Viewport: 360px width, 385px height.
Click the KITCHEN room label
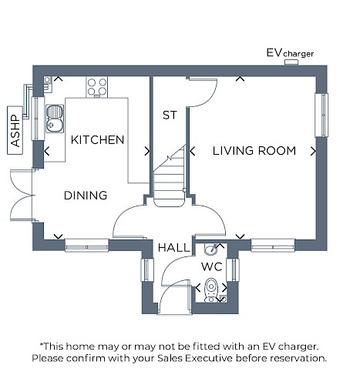click(x=97, y=140)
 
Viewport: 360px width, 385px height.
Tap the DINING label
click(x=86, y=196)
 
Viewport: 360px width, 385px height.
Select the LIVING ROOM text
click(x=254, y=151)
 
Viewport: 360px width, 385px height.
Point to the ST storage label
click(x=170, y=115)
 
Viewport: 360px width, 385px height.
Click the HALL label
click(x=173, y=248)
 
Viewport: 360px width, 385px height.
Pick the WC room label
click(x=212, y=267)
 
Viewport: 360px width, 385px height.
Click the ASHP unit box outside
click(x=15, y=130)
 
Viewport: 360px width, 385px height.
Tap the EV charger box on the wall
click(x=291, y=62)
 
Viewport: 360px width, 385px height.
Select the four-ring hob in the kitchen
click(x=97, y=87)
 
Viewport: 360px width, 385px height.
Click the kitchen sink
click(x=55, y=119)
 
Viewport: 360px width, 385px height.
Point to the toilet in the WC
click(x=211, y=290)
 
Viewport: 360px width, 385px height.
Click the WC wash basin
click(x=211, y=249)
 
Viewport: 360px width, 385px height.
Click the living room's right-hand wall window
click(x=321, y=115)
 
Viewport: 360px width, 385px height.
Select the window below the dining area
click(x=86, y=246)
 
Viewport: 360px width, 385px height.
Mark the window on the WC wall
click(x=233, y=270)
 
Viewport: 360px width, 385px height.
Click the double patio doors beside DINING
click(x=22, y=195)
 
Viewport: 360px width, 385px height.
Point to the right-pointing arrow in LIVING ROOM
click(x=313, y=151)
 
